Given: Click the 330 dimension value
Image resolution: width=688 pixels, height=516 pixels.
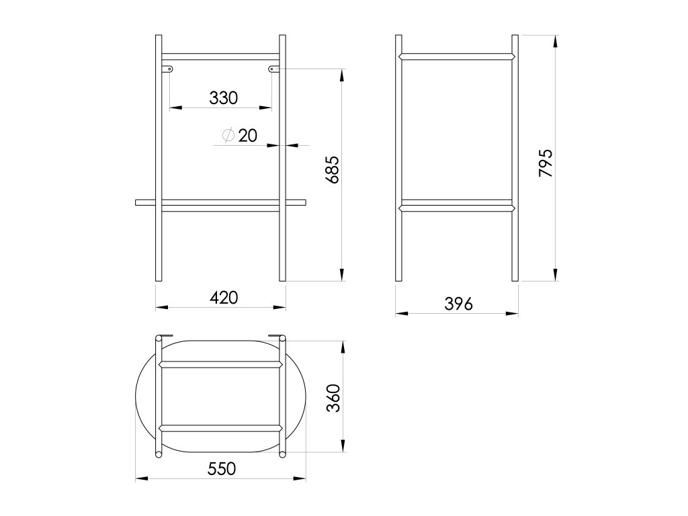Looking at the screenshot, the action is click(223, 98).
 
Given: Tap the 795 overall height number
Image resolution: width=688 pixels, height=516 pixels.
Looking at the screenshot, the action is click(546, 163).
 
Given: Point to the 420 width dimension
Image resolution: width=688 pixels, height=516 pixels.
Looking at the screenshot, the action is click(224, 298).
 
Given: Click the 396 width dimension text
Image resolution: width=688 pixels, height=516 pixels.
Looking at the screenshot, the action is click(458, 304).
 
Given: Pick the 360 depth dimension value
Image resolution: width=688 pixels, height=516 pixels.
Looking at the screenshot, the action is click(333, 398).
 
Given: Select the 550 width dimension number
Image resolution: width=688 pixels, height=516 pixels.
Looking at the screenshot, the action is click(222, 469).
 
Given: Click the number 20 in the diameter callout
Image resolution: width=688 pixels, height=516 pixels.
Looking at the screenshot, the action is click(248, 136).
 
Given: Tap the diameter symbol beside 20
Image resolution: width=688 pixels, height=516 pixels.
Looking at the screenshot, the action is click(228, 136).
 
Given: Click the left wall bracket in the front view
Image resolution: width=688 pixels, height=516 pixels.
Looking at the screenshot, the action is click(167, 69).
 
